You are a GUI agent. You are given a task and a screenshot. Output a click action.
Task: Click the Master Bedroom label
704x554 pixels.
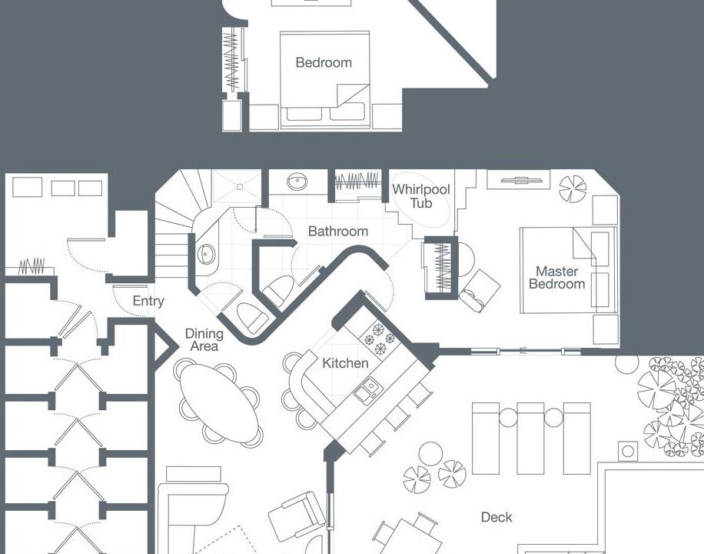pos(556,278)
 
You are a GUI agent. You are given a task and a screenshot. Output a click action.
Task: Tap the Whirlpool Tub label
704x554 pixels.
pos(420,196)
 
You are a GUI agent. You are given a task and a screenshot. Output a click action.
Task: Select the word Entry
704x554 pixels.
pos(148,301)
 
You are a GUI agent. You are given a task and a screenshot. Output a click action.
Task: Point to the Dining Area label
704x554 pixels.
pos(204,339)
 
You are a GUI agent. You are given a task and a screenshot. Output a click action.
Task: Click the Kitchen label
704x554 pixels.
pos(345,363)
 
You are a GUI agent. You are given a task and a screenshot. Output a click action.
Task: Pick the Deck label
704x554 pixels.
pos(496,517)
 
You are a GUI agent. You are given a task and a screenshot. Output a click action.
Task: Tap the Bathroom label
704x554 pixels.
pos(338,231)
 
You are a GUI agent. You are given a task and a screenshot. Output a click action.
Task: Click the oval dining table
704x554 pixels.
pos(219,402)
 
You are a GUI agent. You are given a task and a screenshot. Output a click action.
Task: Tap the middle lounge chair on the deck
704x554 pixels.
pos(531,439)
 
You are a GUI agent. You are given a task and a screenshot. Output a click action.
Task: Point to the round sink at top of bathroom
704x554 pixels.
pos(297,182)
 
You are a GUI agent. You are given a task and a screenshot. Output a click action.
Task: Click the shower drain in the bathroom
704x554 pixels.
pos(241,187)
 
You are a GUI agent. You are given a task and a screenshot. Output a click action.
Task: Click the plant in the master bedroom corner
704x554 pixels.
pos(573,189)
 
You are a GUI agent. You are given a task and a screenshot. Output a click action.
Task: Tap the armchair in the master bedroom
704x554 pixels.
pos(480,291)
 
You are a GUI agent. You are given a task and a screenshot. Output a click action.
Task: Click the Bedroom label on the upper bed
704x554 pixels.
pos(324,62)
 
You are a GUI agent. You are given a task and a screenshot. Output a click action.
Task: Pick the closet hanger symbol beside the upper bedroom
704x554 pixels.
pos(231,60)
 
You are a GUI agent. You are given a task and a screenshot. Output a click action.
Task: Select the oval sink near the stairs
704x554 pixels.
pos(207,254)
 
